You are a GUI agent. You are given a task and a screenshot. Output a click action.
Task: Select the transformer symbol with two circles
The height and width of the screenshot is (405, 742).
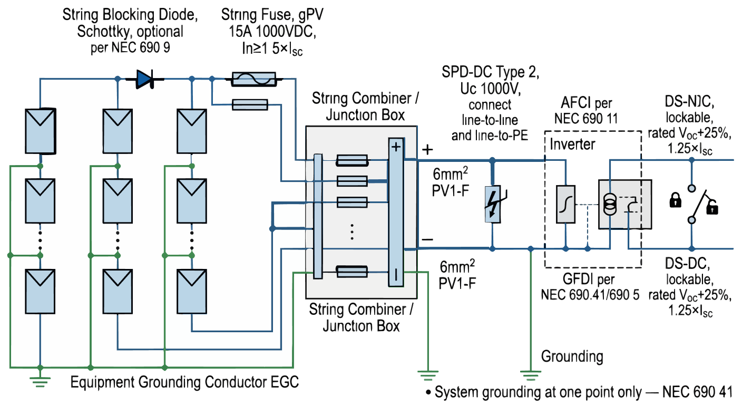[x=611, y=204]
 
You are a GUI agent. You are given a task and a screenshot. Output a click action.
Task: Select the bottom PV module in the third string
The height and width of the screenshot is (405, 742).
[x=192, y=292]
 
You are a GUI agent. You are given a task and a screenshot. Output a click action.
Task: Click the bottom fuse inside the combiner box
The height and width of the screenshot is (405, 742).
[x=352, y=272]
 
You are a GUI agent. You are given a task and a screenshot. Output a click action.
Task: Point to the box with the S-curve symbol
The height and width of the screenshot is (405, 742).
[x=565, y=204]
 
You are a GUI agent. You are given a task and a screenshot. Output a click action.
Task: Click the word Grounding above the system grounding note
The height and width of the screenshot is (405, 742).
[x=572, y=356]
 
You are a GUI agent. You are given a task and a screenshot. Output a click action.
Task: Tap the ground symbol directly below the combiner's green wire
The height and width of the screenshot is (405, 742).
[x=428, y=375]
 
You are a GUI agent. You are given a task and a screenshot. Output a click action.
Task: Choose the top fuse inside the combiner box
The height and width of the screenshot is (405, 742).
[x=352, y=160]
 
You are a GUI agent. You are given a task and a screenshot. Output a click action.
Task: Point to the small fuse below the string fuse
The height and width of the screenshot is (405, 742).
[x=250, y=104]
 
